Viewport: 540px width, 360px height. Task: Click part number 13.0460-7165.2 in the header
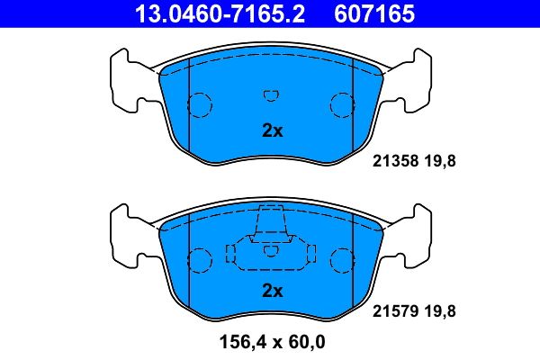tap(220, 14)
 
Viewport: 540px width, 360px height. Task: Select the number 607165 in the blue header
tap(374, 14)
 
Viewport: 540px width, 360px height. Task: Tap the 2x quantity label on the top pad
tap(273, 130)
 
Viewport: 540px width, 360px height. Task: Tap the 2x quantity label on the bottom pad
tap(273, 291)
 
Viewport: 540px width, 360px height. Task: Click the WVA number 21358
tap(395, 161)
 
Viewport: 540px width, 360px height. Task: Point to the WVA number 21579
tap(395, 311)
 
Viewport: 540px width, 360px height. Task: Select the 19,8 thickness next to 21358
tap(440, 161)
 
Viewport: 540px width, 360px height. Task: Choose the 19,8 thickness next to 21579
tap(440, 311)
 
